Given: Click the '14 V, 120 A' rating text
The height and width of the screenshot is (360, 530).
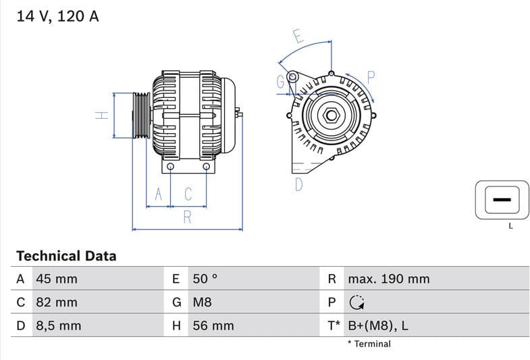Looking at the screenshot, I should coord(57,16).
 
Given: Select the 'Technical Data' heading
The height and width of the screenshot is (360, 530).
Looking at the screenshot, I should coord(66,256).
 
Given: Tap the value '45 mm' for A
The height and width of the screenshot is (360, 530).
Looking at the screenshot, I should coord(56,279).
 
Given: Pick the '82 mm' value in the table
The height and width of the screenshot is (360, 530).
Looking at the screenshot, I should coord(56,302).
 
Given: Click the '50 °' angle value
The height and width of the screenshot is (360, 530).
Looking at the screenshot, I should coord(206,279).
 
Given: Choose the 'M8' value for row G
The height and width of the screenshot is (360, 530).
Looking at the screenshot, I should coord(203,302).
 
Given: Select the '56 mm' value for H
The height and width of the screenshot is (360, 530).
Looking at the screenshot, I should coord(213,326).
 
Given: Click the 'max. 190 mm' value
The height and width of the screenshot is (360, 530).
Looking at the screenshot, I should coord(388,279).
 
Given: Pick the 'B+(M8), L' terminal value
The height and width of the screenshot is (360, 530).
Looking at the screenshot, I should coord(377,326).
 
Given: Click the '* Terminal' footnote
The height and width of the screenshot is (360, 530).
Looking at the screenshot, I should coord(369,344).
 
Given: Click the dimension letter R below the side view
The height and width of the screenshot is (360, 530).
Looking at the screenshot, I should coord(188,217).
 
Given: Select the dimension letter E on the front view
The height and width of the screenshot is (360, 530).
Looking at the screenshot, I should coord(298,36).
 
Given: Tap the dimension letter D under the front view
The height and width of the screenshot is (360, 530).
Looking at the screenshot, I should coord(298,184).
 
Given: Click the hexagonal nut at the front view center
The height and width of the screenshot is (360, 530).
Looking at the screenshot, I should coord(331,115).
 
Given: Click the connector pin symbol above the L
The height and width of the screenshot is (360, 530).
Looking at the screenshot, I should coord(501,201).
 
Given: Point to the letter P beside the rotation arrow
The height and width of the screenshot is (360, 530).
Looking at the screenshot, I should coord(371,77).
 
